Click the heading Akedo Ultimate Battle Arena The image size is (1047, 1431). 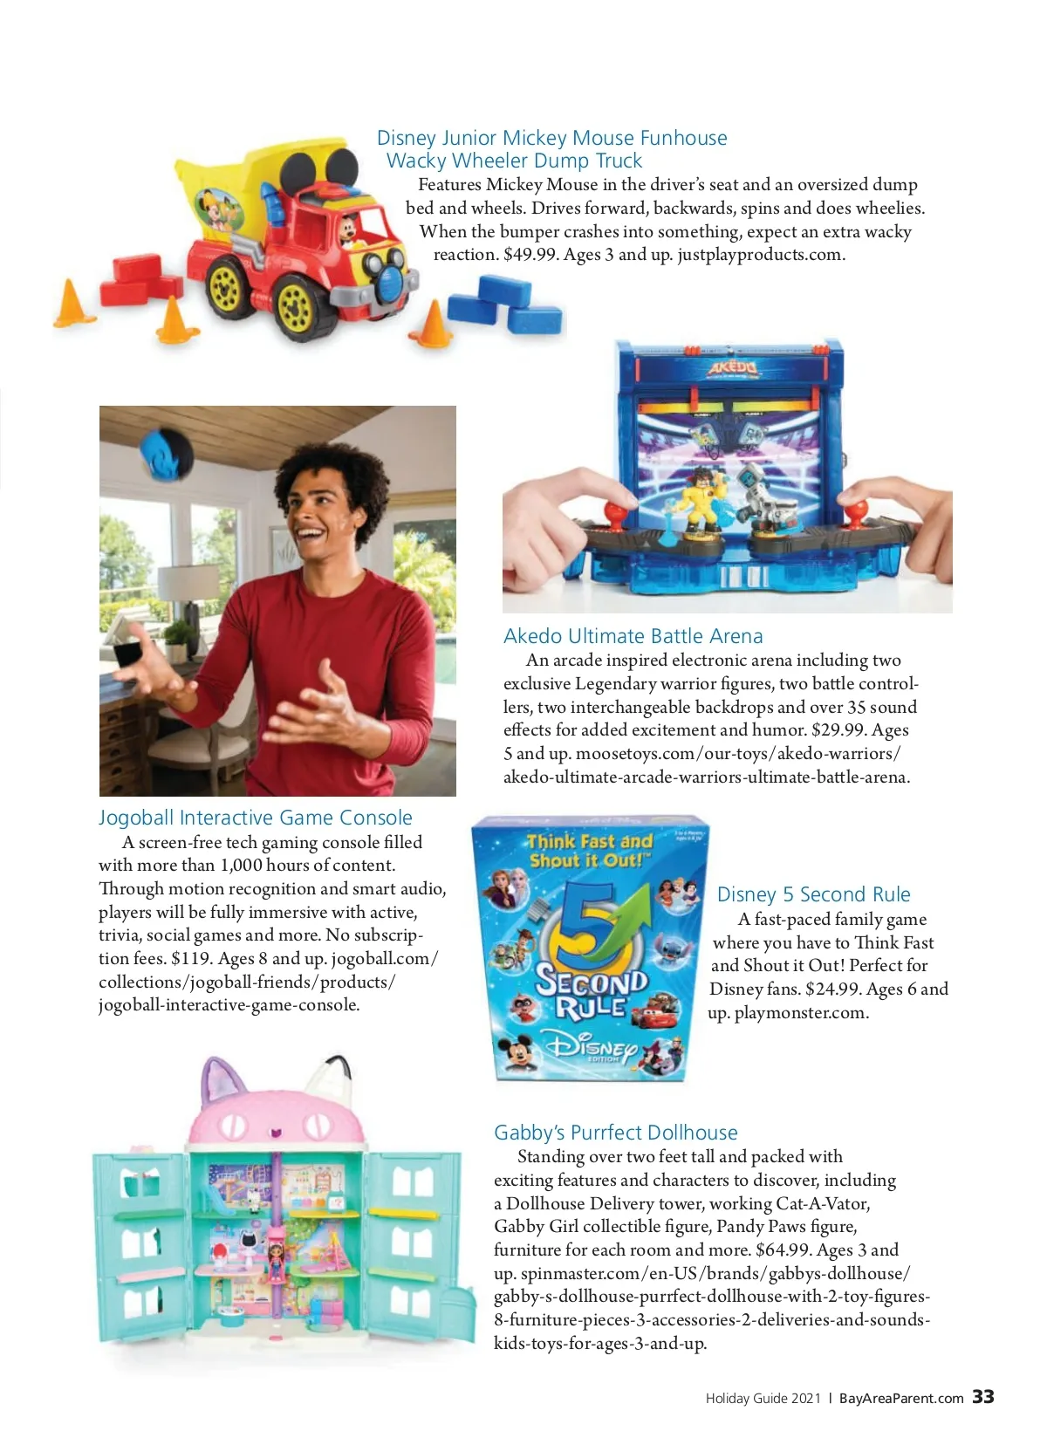point(633,636)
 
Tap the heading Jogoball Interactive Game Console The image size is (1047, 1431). point(255,818)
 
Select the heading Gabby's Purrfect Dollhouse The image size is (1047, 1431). point(615,1133)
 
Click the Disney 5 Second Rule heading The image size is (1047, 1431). point(813,894)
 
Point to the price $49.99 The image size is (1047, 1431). point(530,255)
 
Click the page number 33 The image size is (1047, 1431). point(983,1397)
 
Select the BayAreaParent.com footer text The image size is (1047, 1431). point(901,1398)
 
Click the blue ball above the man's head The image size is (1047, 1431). point(167,453)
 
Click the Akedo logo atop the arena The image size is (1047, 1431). point(731,368)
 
